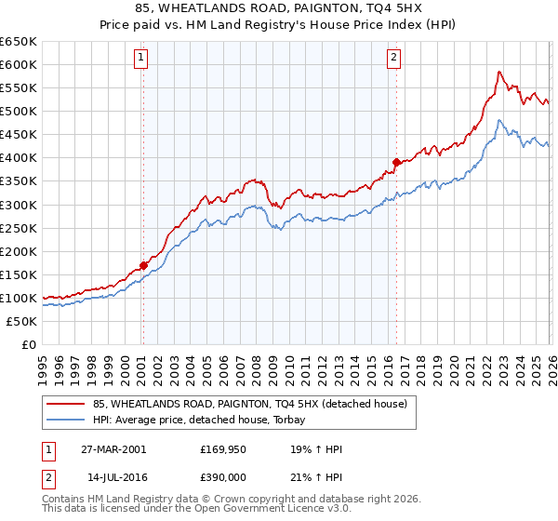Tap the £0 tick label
tap(27, 344)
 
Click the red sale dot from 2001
tap(144, 265)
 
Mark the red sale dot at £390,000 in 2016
tap(396, 162)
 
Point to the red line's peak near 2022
tap(499, 71)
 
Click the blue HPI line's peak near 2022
tap(499, 120)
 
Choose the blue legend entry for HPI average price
tap(205, 420)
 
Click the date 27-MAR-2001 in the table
tap(113, 449)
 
